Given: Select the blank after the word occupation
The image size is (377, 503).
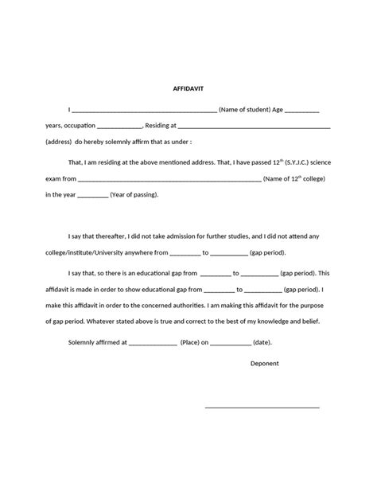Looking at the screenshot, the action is pos(119,127).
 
